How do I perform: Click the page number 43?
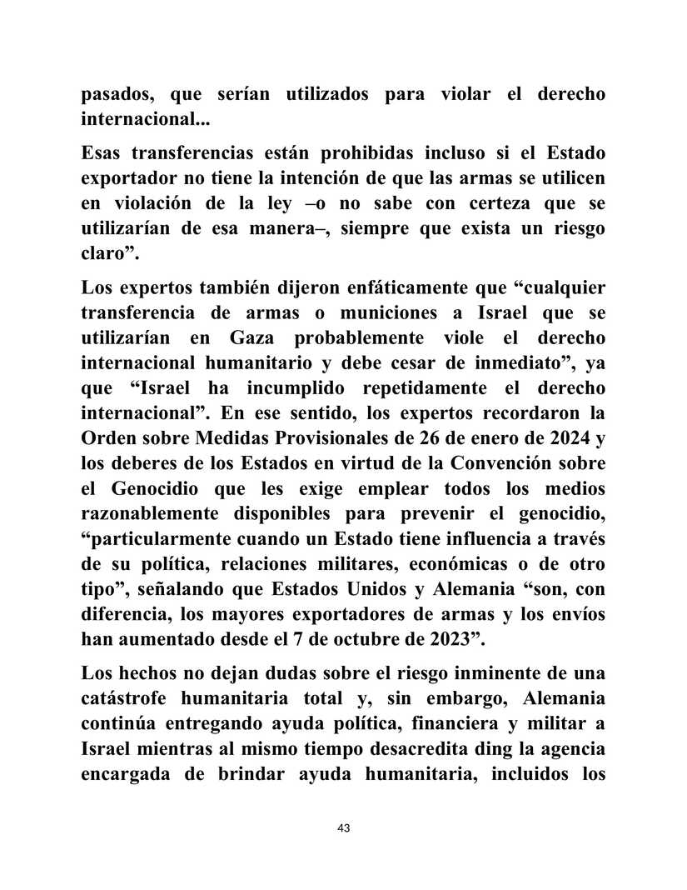343,828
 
